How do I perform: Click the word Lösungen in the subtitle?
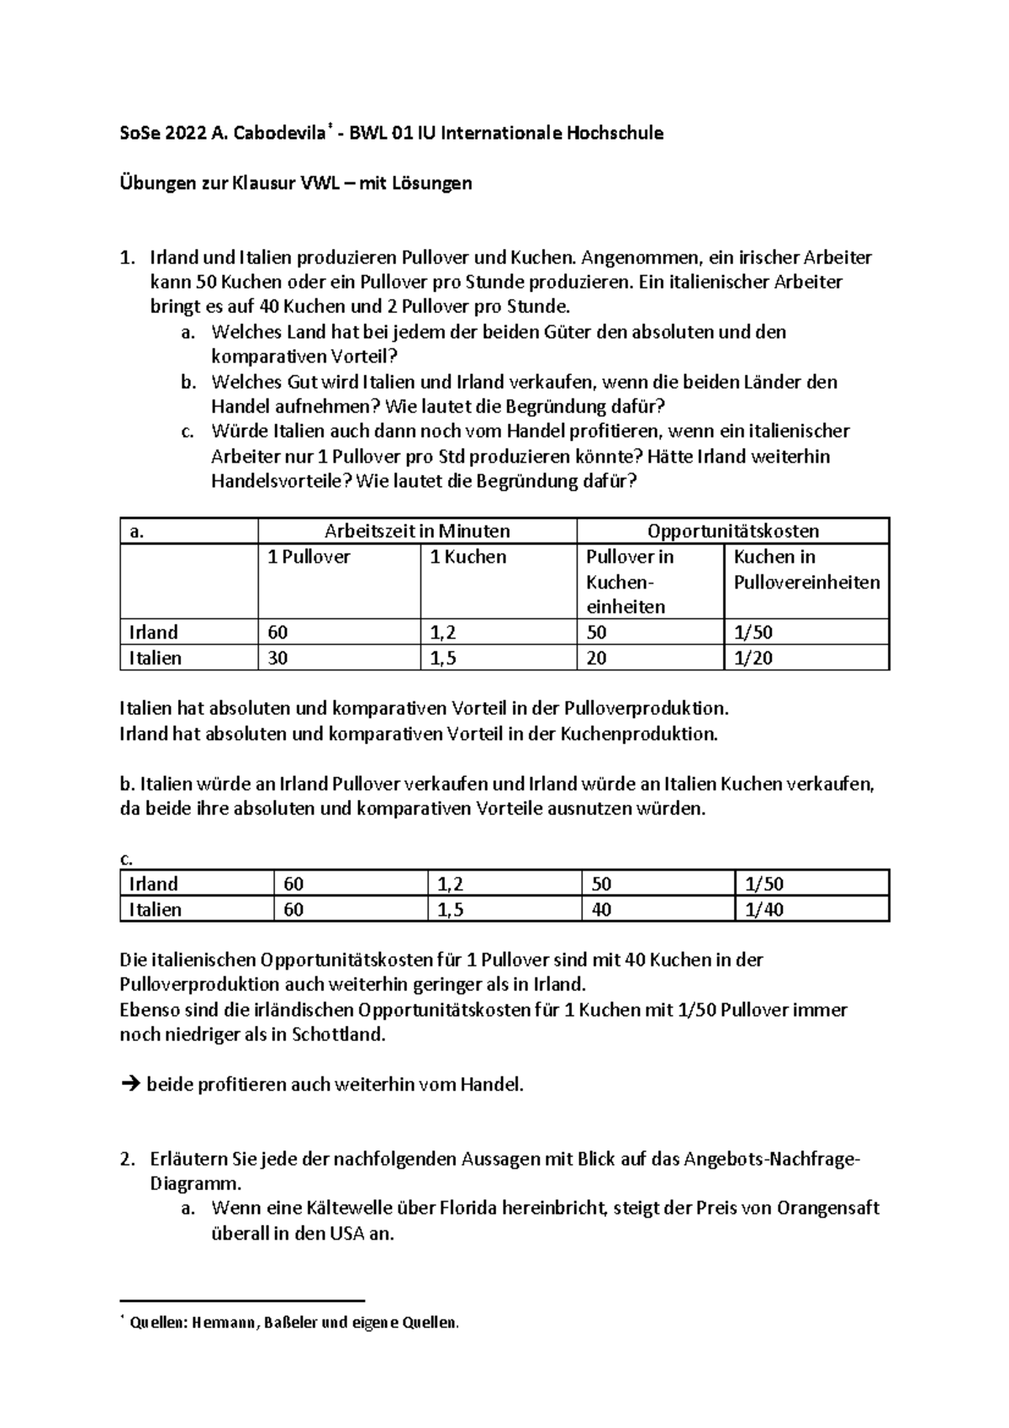point(431,183)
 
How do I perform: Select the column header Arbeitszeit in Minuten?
point(417,531)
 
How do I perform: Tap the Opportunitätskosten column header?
point(732,531)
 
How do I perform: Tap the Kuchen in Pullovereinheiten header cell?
point(806,569)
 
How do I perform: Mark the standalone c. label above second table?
point(127,859)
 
